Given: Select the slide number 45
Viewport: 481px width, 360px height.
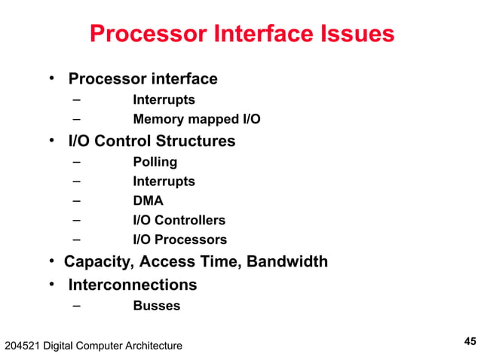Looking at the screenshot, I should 469,341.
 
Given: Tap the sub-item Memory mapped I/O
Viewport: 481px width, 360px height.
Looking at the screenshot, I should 197,119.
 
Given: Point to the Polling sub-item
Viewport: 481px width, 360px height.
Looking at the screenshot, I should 155,162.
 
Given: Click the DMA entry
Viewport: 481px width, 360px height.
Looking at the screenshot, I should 148,201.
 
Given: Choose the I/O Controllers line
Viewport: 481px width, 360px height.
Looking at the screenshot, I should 179,221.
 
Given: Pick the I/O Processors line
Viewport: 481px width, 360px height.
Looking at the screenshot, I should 179,240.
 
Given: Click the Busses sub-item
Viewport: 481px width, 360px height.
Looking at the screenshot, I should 156,306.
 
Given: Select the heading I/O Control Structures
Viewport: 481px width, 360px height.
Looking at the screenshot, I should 152,141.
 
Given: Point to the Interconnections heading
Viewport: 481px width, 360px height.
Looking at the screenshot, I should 133,285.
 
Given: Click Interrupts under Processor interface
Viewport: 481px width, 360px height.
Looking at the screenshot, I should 164,99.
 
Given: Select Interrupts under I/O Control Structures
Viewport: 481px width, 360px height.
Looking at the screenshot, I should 164,182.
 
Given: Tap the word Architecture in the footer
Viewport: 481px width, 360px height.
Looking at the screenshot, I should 151,346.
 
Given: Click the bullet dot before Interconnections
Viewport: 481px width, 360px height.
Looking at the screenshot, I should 53,285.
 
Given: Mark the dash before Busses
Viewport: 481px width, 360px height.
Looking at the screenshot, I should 77,306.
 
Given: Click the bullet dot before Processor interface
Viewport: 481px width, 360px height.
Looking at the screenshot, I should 53,78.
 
